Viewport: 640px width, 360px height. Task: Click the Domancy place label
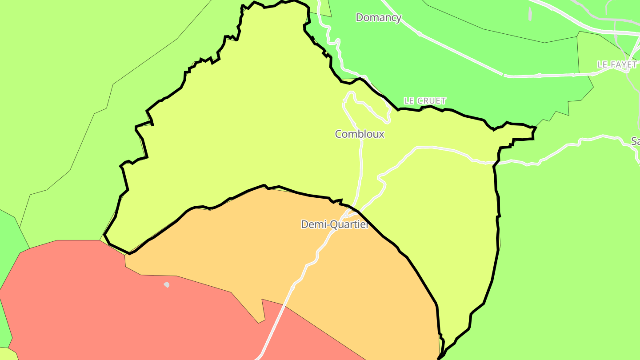coord(378,18)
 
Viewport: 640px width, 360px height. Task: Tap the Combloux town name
coord(360,134)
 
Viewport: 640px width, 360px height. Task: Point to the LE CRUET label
coord(424,101)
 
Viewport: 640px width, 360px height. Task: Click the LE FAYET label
coord(617,65)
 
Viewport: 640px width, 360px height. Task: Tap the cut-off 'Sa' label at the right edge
coord(635,141)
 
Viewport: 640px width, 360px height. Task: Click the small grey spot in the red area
coord(167,284)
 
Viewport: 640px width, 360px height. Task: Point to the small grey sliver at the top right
coord(530,13)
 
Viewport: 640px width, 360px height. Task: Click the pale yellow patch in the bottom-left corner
coord(6,355)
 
